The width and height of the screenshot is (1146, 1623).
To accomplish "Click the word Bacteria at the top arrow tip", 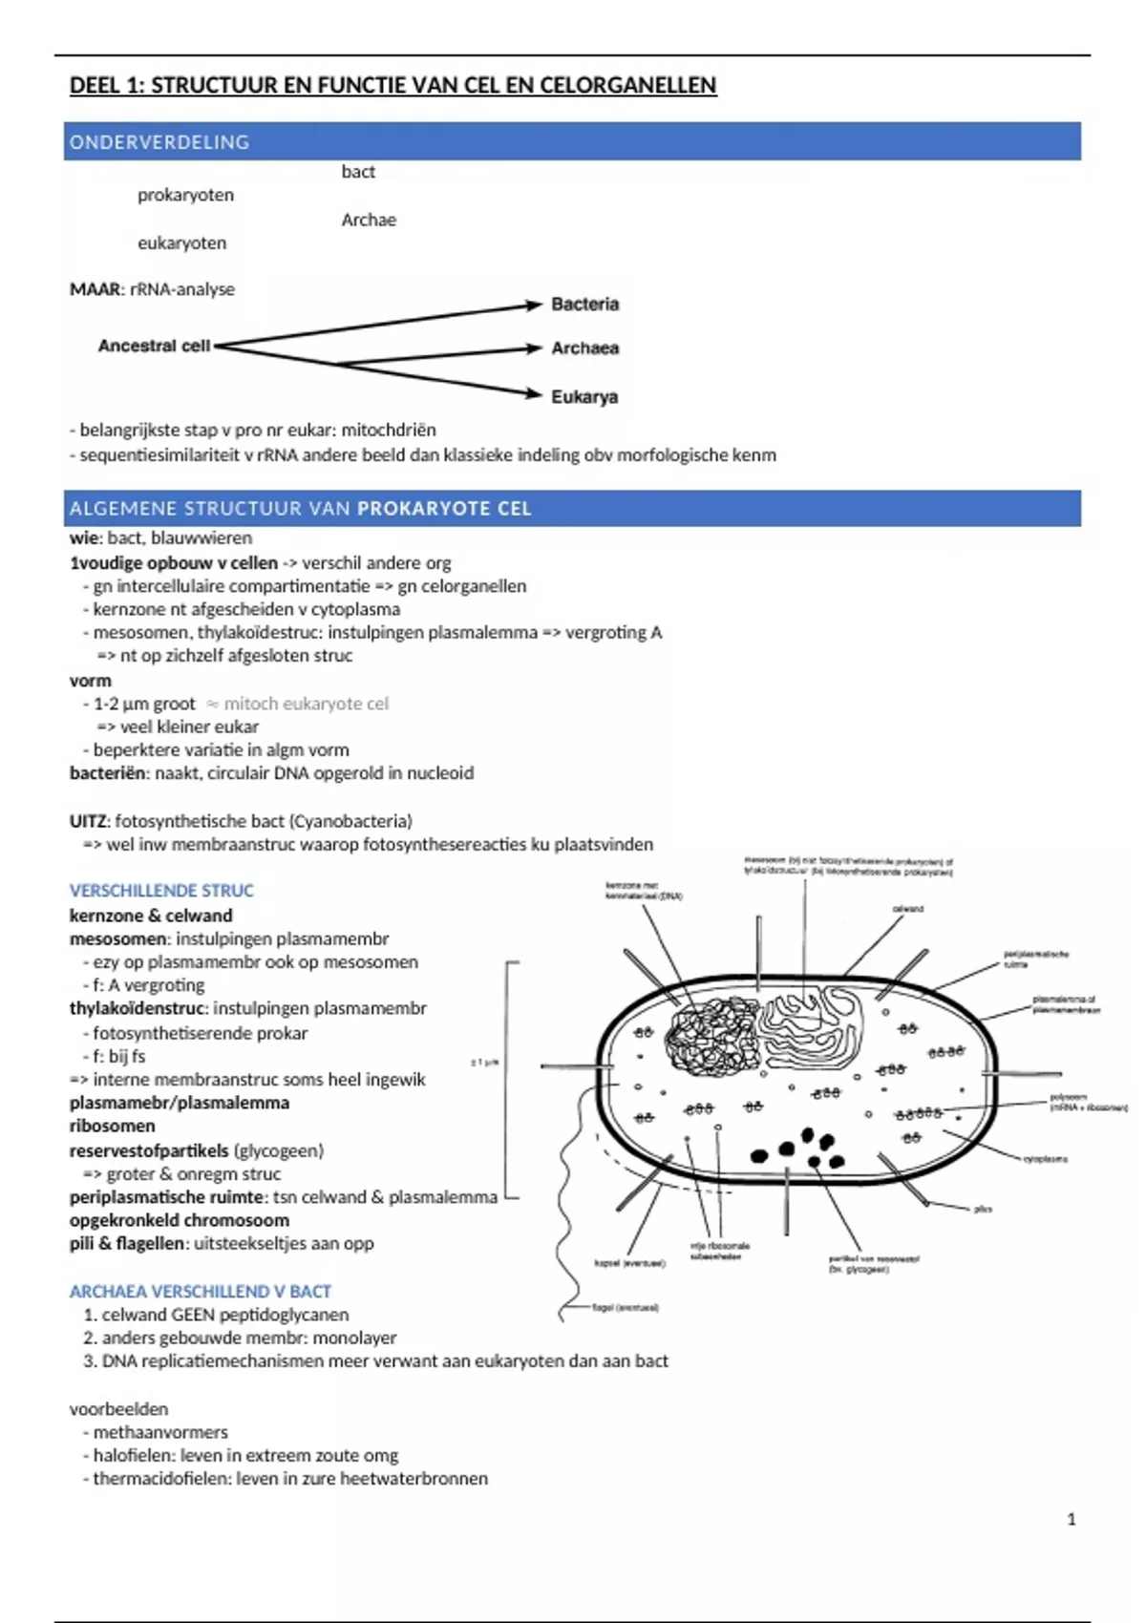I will [584, 305].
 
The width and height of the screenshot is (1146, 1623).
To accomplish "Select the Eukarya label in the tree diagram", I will [584, 396].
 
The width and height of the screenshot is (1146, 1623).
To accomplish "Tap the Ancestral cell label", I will [154, 346].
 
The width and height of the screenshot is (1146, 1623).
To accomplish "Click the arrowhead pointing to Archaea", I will [534, 348].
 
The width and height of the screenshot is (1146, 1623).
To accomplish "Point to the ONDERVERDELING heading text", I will [159, 142].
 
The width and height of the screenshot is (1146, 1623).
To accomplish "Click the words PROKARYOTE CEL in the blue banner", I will [444, 509].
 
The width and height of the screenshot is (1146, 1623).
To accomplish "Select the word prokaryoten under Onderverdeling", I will [185, 195].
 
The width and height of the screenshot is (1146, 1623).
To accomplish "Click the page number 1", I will [1072, 1519].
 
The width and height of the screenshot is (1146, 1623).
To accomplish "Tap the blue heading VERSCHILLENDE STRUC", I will [161, 891].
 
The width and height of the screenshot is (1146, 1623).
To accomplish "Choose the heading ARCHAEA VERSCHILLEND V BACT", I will [200, 1292].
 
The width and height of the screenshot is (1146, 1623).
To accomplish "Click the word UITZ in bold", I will [89, 821].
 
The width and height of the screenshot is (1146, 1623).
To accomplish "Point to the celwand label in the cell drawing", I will [907, 909].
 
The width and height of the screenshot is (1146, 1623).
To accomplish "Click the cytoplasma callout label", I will [1045, 1159].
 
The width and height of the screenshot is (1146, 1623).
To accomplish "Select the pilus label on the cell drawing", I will [983, 1209].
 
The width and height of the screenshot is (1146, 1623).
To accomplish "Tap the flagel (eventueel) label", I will [626, 1308].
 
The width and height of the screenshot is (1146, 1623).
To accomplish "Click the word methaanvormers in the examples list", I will [160, 1432].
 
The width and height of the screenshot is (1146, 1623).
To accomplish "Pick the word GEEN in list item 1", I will [194, 1315].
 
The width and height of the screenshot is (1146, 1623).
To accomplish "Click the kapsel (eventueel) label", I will [629, 1263].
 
